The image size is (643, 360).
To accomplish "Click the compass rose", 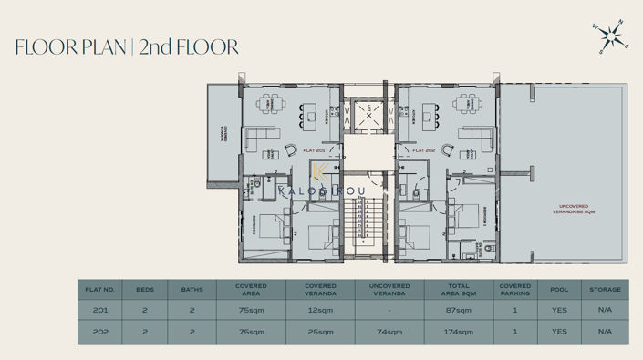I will coord(610,37).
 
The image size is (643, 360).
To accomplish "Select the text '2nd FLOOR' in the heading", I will coord(190,47).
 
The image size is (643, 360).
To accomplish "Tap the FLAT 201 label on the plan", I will coord(314,151).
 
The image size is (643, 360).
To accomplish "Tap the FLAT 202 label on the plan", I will coord(422,151).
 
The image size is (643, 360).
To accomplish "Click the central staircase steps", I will coord(369,223).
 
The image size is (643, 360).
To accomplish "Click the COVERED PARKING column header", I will coord(515,290).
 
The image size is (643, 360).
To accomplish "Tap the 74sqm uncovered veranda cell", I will coord(389,332).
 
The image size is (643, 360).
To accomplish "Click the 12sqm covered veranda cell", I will coord(320,311).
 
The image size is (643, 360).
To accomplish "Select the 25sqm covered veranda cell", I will coord(320,332).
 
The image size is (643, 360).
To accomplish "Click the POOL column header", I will coord(559,290).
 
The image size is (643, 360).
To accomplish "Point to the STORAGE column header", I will coord(606,290).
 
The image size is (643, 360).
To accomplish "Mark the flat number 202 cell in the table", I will coord(99,332).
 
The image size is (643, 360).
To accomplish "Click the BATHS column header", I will coord(192,290).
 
